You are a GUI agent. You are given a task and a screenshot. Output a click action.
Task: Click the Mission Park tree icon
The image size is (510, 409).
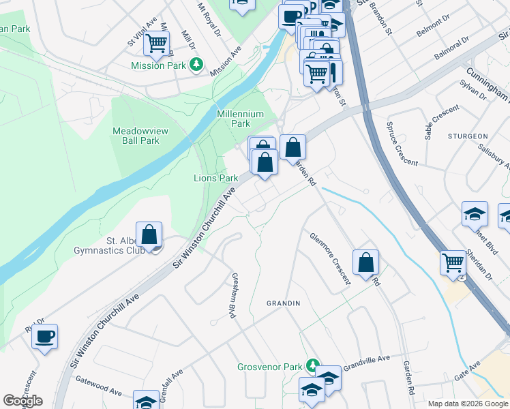pyautogui.click(x=197, y=65)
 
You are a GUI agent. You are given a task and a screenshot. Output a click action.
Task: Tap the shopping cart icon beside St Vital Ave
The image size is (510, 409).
pyautogui.click(x=157, y=44)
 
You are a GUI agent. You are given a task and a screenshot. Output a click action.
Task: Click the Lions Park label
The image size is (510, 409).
pyautogui.click(x=215, y=178)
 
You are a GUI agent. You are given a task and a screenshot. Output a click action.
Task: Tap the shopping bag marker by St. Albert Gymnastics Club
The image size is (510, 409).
pyautogui.click(x=149, y=234)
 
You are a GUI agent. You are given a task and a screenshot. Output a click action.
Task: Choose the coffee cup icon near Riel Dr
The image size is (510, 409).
pyautogui.click(x=45, y=336)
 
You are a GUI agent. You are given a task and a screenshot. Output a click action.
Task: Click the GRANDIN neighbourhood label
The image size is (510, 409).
pyautogui.click(x=284, y=302)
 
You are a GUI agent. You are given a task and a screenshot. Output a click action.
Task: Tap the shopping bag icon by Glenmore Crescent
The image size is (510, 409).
pyautogui.click(x=366, y=262)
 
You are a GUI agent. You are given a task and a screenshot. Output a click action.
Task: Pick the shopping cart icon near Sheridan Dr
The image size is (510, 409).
pyautogui.click(x=453, y=262)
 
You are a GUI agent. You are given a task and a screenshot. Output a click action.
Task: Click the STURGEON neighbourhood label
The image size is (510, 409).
pyautogui.click(x=468, y=136)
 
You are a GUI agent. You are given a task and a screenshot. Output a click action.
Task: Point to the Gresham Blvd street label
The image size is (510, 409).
pyautogui.click(x=230, y=299)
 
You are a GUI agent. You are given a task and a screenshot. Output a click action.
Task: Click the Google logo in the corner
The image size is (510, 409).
pyautogui.click(x=22, y=401)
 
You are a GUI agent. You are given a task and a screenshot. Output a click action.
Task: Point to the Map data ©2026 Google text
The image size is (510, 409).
pyautogui.click(x=467, y=404)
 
